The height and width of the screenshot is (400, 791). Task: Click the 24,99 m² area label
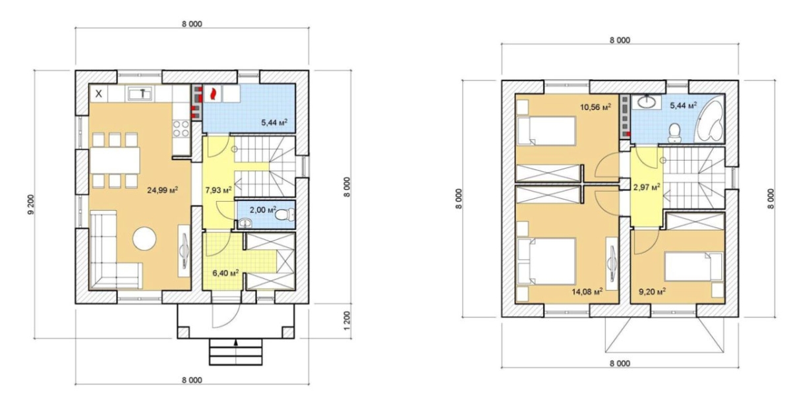(x=162, y=190)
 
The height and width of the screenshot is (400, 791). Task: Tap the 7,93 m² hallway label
(x=219, y=190)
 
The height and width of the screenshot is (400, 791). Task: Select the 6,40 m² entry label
(x=225, y=273)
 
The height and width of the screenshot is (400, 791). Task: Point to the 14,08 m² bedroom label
(x=587, y=292)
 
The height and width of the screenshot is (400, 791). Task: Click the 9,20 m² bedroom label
(x=653, y=292)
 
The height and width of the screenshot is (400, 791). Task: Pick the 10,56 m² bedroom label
(x=596, y=107)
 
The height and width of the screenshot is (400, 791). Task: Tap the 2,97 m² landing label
(x=647, y=187)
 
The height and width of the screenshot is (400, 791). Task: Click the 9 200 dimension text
(x=32, y=205)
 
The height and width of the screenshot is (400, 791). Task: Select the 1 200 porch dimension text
(x=347, y=320)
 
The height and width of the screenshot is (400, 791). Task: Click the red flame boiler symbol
(x=212, y=94)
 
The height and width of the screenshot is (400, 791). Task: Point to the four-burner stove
(x=181, y=129)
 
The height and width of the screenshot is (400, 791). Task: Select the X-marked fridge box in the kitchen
(x=98, y=94)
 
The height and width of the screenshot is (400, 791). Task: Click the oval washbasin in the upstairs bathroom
(x=649, y=102)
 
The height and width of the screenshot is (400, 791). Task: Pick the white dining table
(x=115, y=161)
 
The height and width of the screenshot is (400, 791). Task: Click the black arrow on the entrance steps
(x=236, y=343)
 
